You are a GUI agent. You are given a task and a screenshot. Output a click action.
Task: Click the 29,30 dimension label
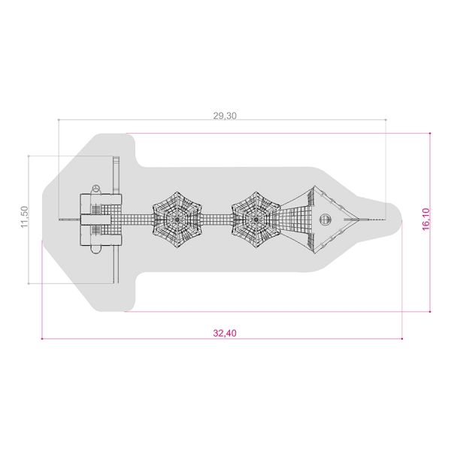(225, 116)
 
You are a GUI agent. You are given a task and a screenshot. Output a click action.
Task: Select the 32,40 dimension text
(225, 333)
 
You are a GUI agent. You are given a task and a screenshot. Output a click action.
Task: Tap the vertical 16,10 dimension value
(426, 219)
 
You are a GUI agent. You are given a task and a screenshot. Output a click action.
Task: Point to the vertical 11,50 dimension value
(25, 217)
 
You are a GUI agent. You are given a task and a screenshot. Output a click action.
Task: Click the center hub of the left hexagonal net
(177, 219)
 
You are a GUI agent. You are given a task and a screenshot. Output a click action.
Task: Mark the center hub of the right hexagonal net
(256, 219)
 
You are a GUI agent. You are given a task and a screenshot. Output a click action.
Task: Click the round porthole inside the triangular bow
(325, 219)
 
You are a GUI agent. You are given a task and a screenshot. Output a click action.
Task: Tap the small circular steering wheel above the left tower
(95, 189)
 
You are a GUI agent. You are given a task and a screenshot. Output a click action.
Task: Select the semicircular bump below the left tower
(95, 249)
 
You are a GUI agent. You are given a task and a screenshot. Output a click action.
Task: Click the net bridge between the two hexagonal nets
(216, 219)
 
